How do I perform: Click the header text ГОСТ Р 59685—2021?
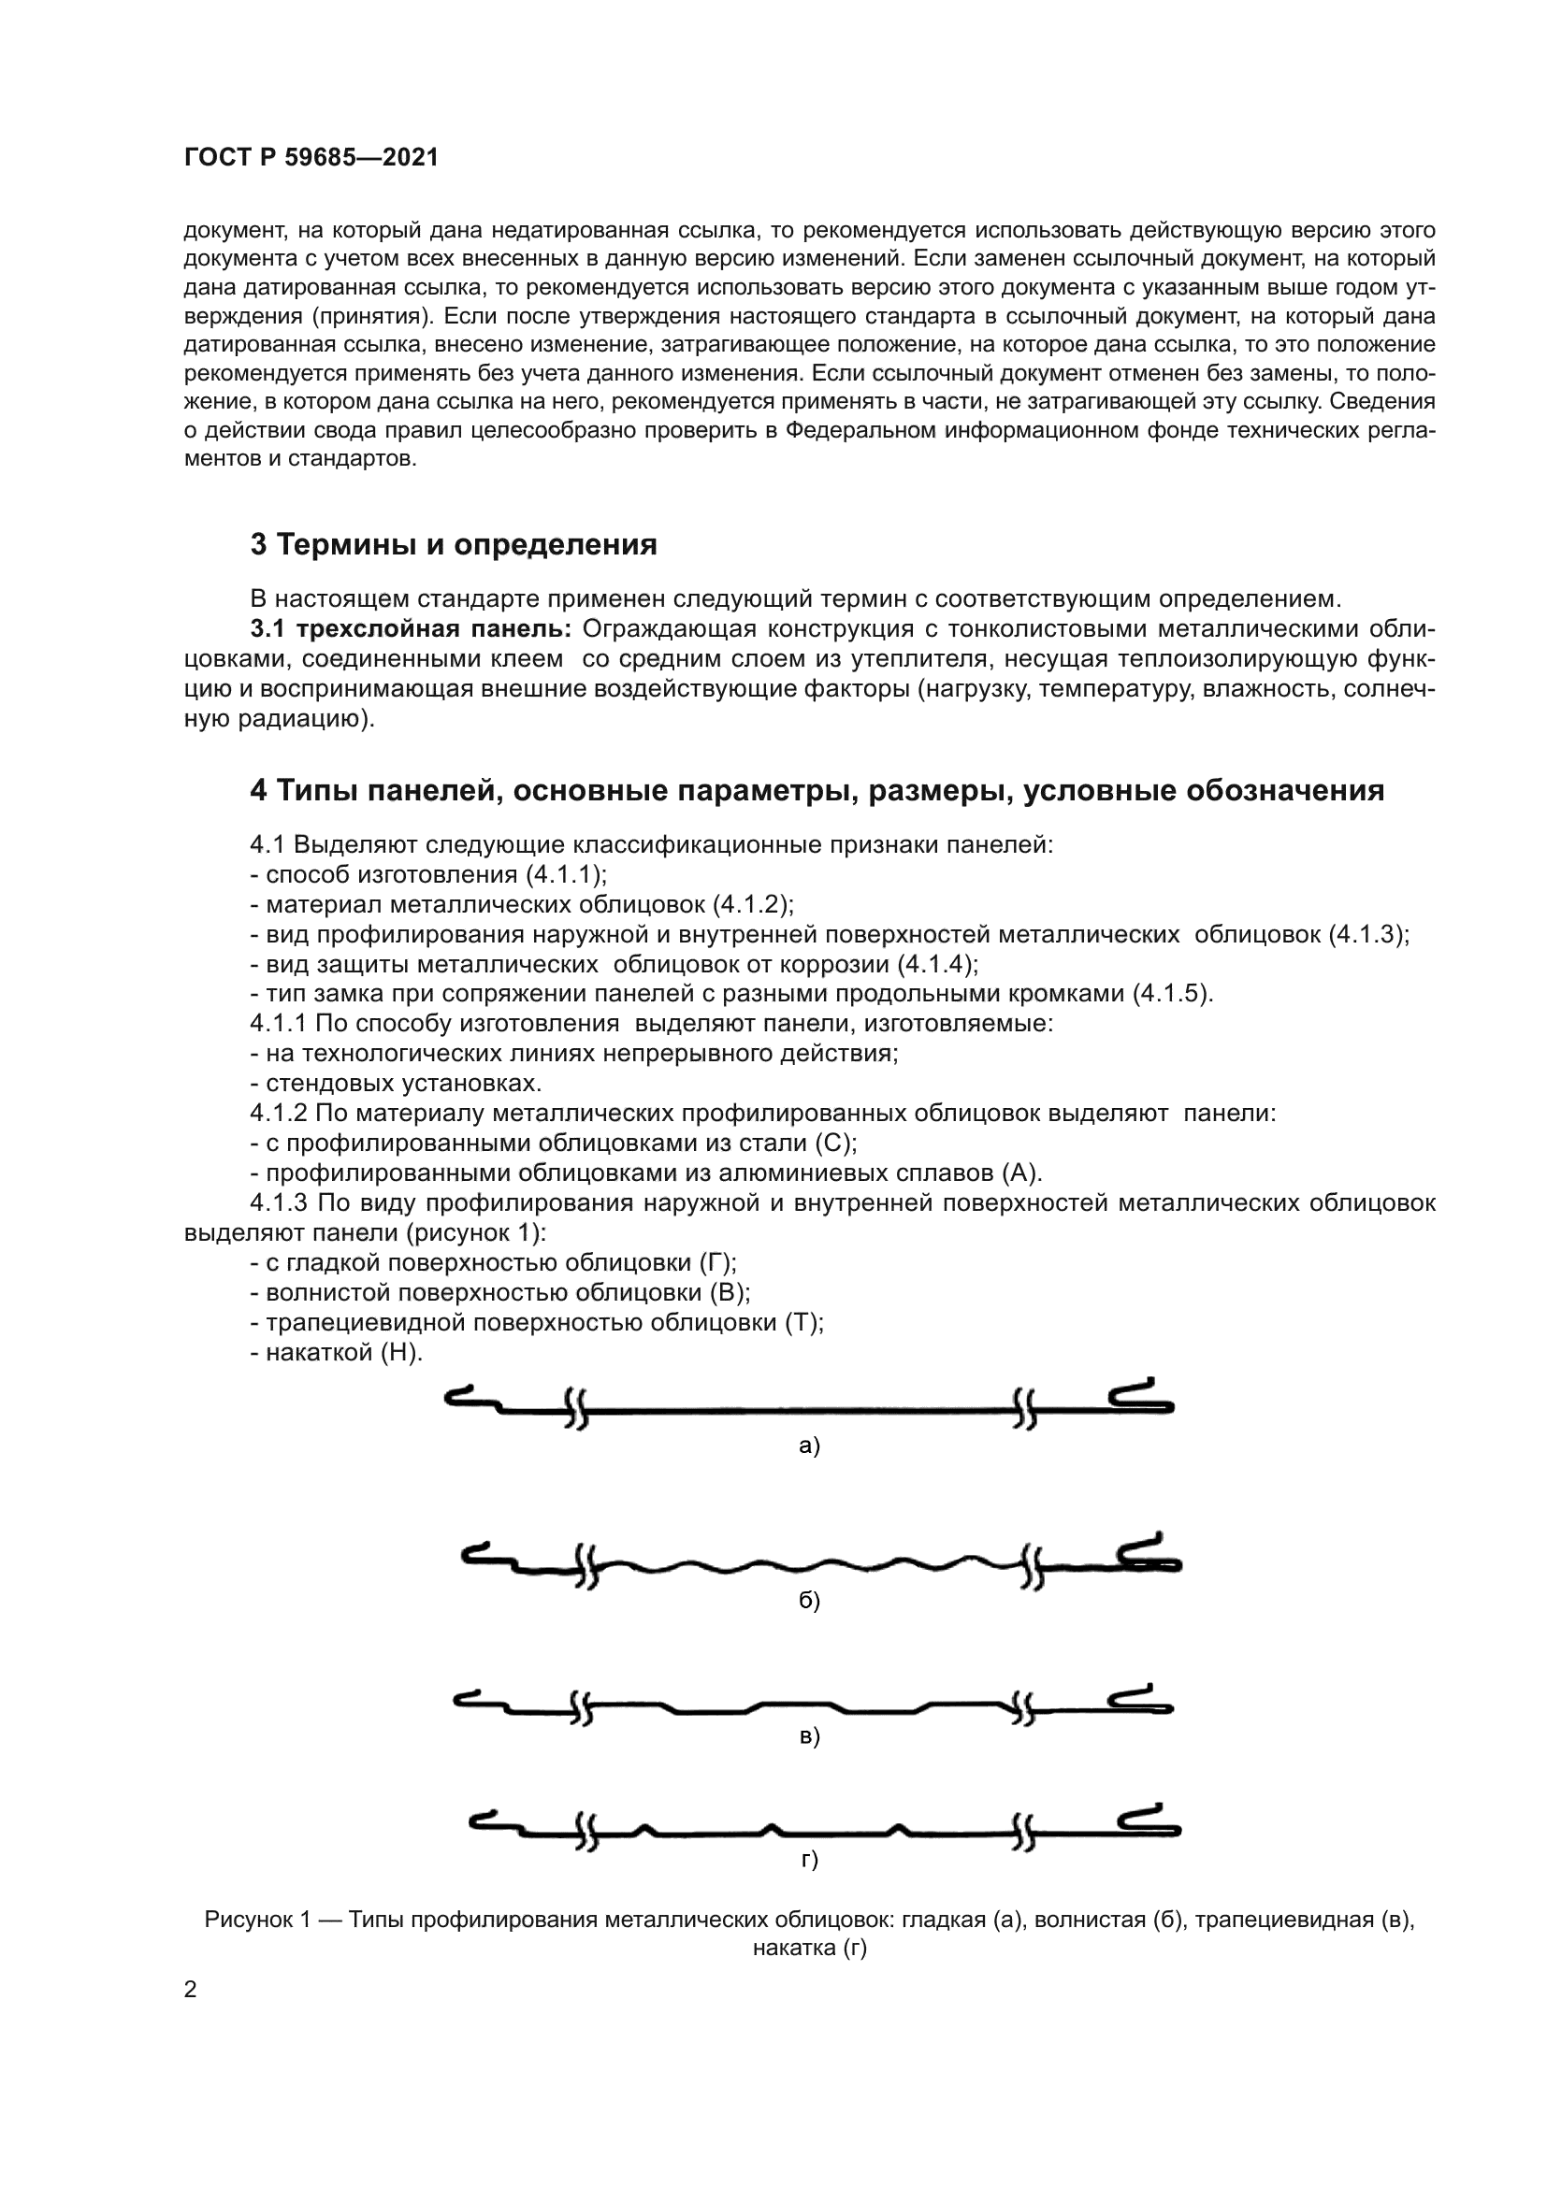point(311,158)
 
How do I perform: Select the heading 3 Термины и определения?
point(454,545)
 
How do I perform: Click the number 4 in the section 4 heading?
point(258,791)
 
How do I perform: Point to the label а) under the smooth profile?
point(809,1446)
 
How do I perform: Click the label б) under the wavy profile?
point(809,1600)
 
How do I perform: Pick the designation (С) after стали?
point(838,1142)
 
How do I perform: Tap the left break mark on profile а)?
point(575,1409)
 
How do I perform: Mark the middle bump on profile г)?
point(773,1829)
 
